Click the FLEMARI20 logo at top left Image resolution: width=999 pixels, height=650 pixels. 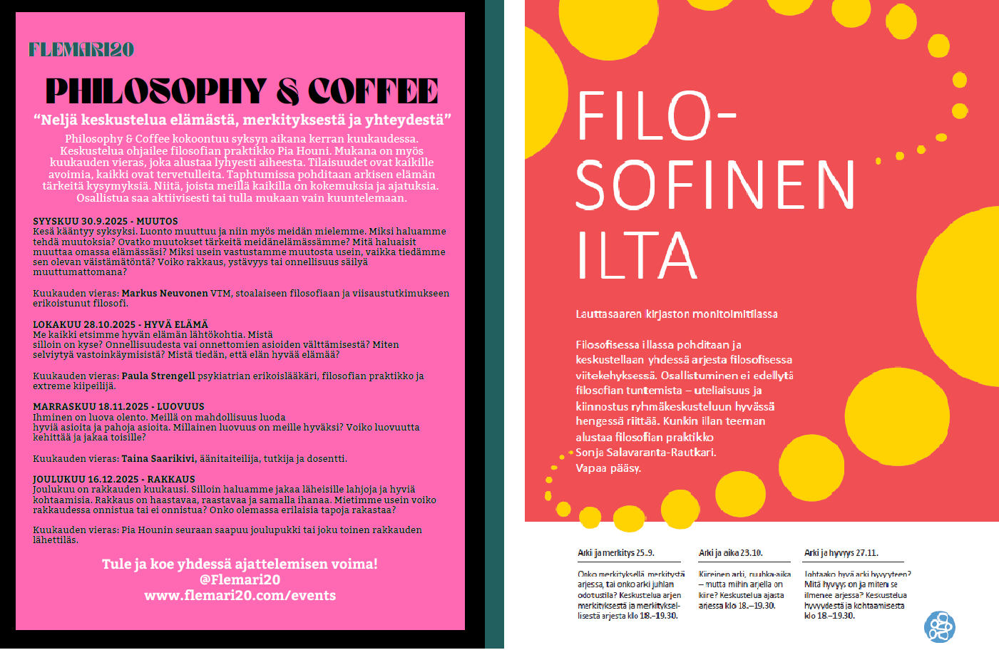click(81, 50)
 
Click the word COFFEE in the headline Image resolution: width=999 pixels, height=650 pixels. click(373, 91)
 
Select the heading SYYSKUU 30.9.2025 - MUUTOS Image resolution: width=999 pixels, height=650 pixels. click(106, 222)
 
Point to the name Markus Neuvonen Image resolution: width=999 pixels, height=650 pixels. click(165, 293)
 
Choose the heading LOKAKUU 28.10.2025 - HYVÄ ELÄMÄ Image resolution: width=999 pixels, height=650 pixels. click(121, 324)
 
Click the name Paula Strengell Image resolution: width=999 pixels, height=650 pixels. click(158, 376)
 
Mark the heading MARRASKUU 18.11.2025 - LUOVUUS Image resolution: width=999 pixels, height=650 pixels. click(118, 407)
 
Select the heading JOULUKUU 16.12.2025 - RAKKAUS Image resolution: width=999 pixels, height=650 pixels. click(114, 480)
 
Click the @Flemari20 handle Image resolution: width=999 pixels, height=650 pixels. click(240, 579)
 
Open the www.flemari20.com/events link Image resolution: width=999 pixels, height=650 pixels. click(240, 595)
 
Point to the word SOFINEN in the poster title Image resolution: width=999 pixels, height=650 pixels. click(715, 185)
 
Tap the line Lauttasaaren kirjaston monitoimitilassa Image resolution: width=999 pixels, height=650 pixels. click(677, 314)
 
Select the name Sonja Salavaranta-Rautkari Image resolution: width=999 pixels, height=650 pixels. click(646, 453)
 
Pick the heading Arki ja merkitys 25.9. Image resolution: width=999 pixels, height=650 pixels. click(615, 553)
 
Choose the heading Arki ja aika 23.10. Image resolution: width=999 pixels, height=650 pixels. click(730, 553)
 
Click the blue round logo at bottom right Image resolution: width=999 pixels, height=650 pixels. click(940, 626)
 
